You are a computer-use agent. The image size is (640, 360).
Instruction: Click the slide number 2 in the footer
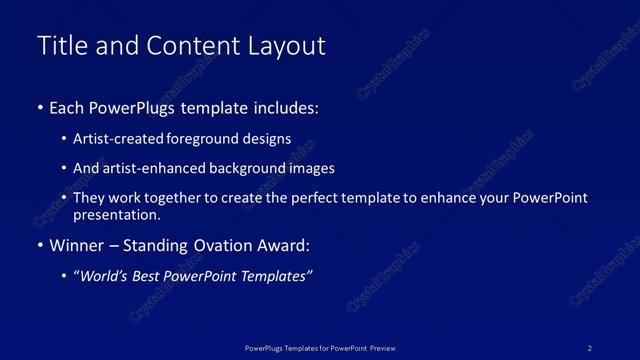click(x=589, y=347)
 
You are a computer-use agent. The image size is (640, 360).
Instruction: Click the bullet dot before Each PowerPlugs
click(x=39, y=107)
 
